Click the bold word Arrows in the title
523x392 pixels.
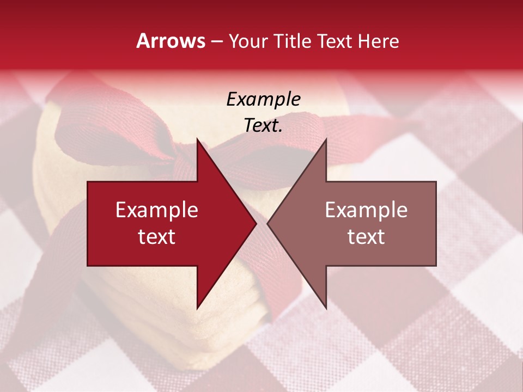[171, 41]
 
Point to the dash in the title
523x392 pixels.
[217, 41]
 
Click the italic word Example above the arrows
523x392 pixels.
[263, 99]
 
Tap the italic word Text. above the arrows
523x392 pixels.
[263, 125]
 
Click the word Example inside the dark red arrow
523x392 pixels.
[157, 210]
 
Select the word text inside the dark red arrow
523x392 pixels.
[157, 236]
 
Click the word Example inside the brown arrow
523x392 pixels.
[366, 210]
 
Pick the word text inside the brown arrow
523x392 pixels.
[366, 236]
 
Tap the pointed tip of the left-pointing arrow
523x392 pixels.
[267, 223]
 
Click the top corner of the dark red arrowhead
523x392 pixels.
[197, 139]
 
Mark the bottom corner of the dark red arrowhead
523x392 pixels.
[197, 308]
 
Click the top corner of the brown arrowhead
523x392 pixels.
[326, 139]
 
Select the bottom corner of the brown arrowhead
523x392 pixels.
[326, 308]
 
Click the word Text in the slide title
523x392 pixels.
[333, 41]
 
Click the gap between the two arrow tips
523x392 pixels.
[261, 223]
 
